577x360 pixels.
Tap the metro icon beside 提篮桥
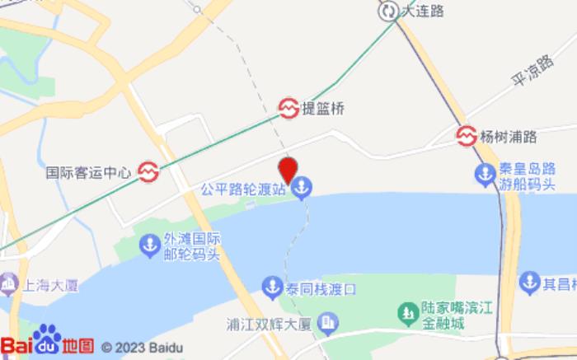coord(288,107)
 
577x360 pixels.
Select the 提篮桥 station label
coord(322,107)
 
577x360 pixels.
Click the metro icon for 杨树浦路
coord(467,136)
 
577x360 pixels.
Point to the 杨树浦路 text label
coord(509,136)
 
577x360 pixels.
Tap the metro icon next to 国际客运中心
coord(148,171)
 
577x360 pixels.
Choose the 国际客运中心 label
coord(88,173)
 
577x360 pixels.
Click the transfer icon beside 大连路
coord(388,12)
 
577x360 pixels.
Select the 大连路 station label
coord(423,12)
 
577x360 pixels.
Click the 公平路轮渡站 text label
coord(245,189)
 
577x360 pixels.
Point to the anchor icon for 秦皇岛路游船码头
coord(484,175)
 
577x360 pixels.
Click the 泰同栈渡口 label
coord(322,289)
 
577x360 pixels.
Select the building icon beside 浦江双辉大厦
coord(327,322)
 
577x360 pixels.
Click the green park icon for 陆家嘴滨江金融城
coord(406,313)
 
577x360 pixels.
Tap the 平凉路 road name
coord(532,72)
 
